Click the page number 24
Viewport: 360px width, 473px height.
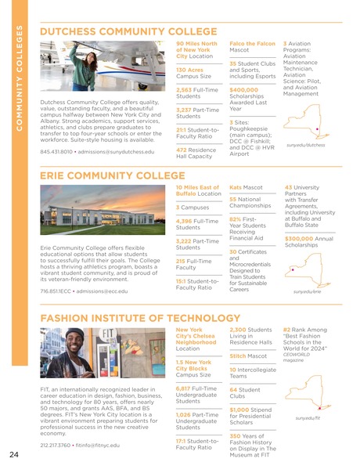pos(14,455)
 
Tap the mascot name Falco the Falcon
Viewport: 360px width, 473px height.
pos(252,43)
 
